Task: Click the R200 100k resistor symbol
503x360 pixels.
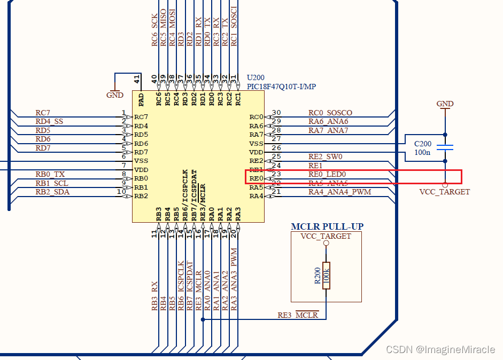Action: click(x=327, y=275)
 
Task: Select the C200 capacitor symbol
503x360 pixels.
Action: click(x=445, y=148)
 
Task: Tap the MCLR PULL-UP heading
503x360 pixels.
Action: click(x=327, y=226)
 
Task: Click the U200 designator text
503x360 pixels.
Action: click(x=256, y=77)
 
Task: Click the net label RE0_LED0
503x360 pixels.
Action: click(x=327, y=174)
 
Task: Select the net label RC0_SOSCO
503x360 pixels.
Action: click(x=330, y=113)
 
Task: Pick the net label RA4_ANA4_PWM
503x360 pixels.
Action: click(x=339, y=192)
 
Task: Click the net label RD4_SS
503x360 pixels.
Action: click(x=49, y=121)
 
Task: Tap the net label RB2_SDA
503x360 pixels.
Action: click(x=52, y=192)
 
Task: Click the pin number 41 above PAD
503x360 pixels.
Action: click(x=137, y=80)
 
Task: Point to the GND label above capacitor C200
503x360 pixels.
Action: click(x=445, y=104)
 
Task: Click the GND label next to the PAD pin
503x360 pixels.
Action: click(x=115, y=95)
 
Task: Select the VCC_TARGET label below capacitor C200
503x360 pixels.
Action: click(x=445, y=192)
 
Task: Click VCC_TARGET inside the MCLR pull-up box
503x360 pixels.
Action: click(x=326, y=236)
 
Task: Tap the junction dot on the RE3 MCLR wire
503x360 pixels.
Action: click(x=203, y=319)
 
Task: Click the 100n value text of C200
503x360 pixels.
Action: click(x=422, y=152)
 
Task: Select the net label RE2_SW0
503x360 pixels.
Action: click(x=326, y=156)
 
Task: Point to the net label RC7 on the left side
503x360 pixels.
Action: click(x=43, y=113)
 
